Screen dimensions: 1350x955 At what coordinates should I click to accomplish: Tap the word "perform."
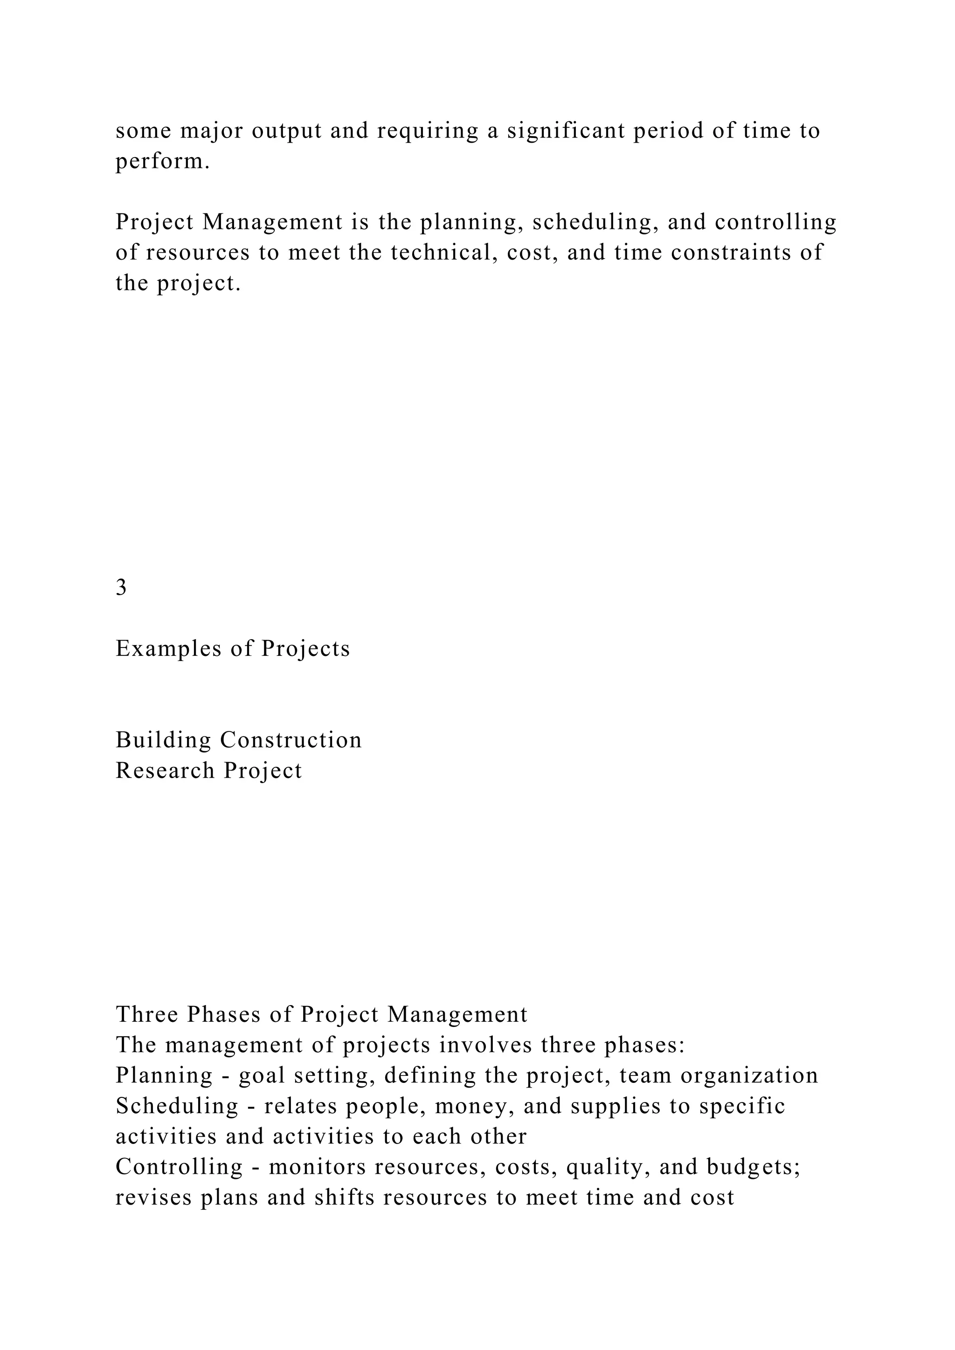coord(162,161)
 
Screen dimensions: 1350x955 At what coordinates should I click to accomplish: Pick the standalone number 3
coord(121,587)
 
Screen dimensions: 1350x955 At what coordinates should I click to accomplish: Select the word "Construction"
coord(291,740)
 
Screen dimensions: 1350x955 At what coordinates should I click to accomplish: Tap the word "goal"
coord(262,1075)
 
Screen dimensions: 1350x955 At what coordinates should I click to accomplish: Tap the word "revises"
coord(153,1198)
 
